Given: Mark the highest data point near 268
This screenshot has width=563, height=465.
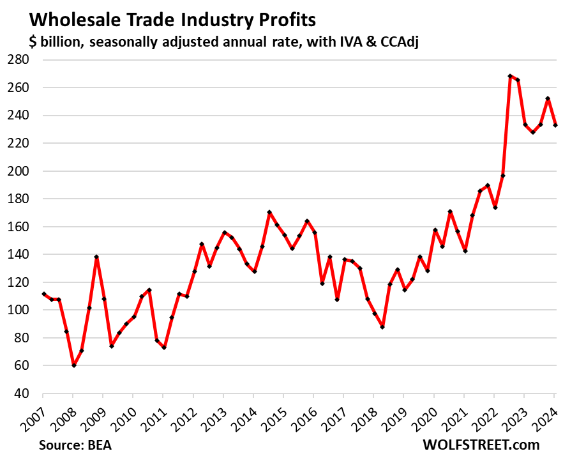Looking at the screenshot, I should (510, 76).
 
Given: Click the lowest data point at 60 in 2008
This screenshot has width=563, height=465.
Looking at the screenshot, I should (73, 365).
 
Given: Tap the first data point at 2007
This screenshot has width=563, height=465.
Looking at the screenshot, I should (43, 294).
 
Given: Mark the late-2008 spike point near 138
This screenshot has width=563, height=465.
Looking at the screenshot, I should (96, 257).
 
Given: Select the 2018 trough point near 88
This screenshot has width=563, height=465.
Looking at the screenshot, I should (382, 326).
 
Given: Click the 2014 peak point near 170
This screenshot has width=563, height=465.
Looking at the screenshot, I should (269, 212).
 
